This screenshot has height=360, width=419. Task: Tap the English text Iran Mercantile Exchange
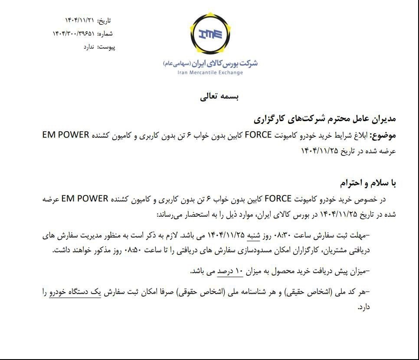click(x=210, y=73)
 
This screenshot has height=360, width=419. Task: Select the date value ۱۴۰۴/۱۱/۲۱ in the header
click(x=79, y=20)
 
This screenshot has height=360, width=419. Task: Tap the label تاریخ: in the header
click(x=104, y=20)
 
